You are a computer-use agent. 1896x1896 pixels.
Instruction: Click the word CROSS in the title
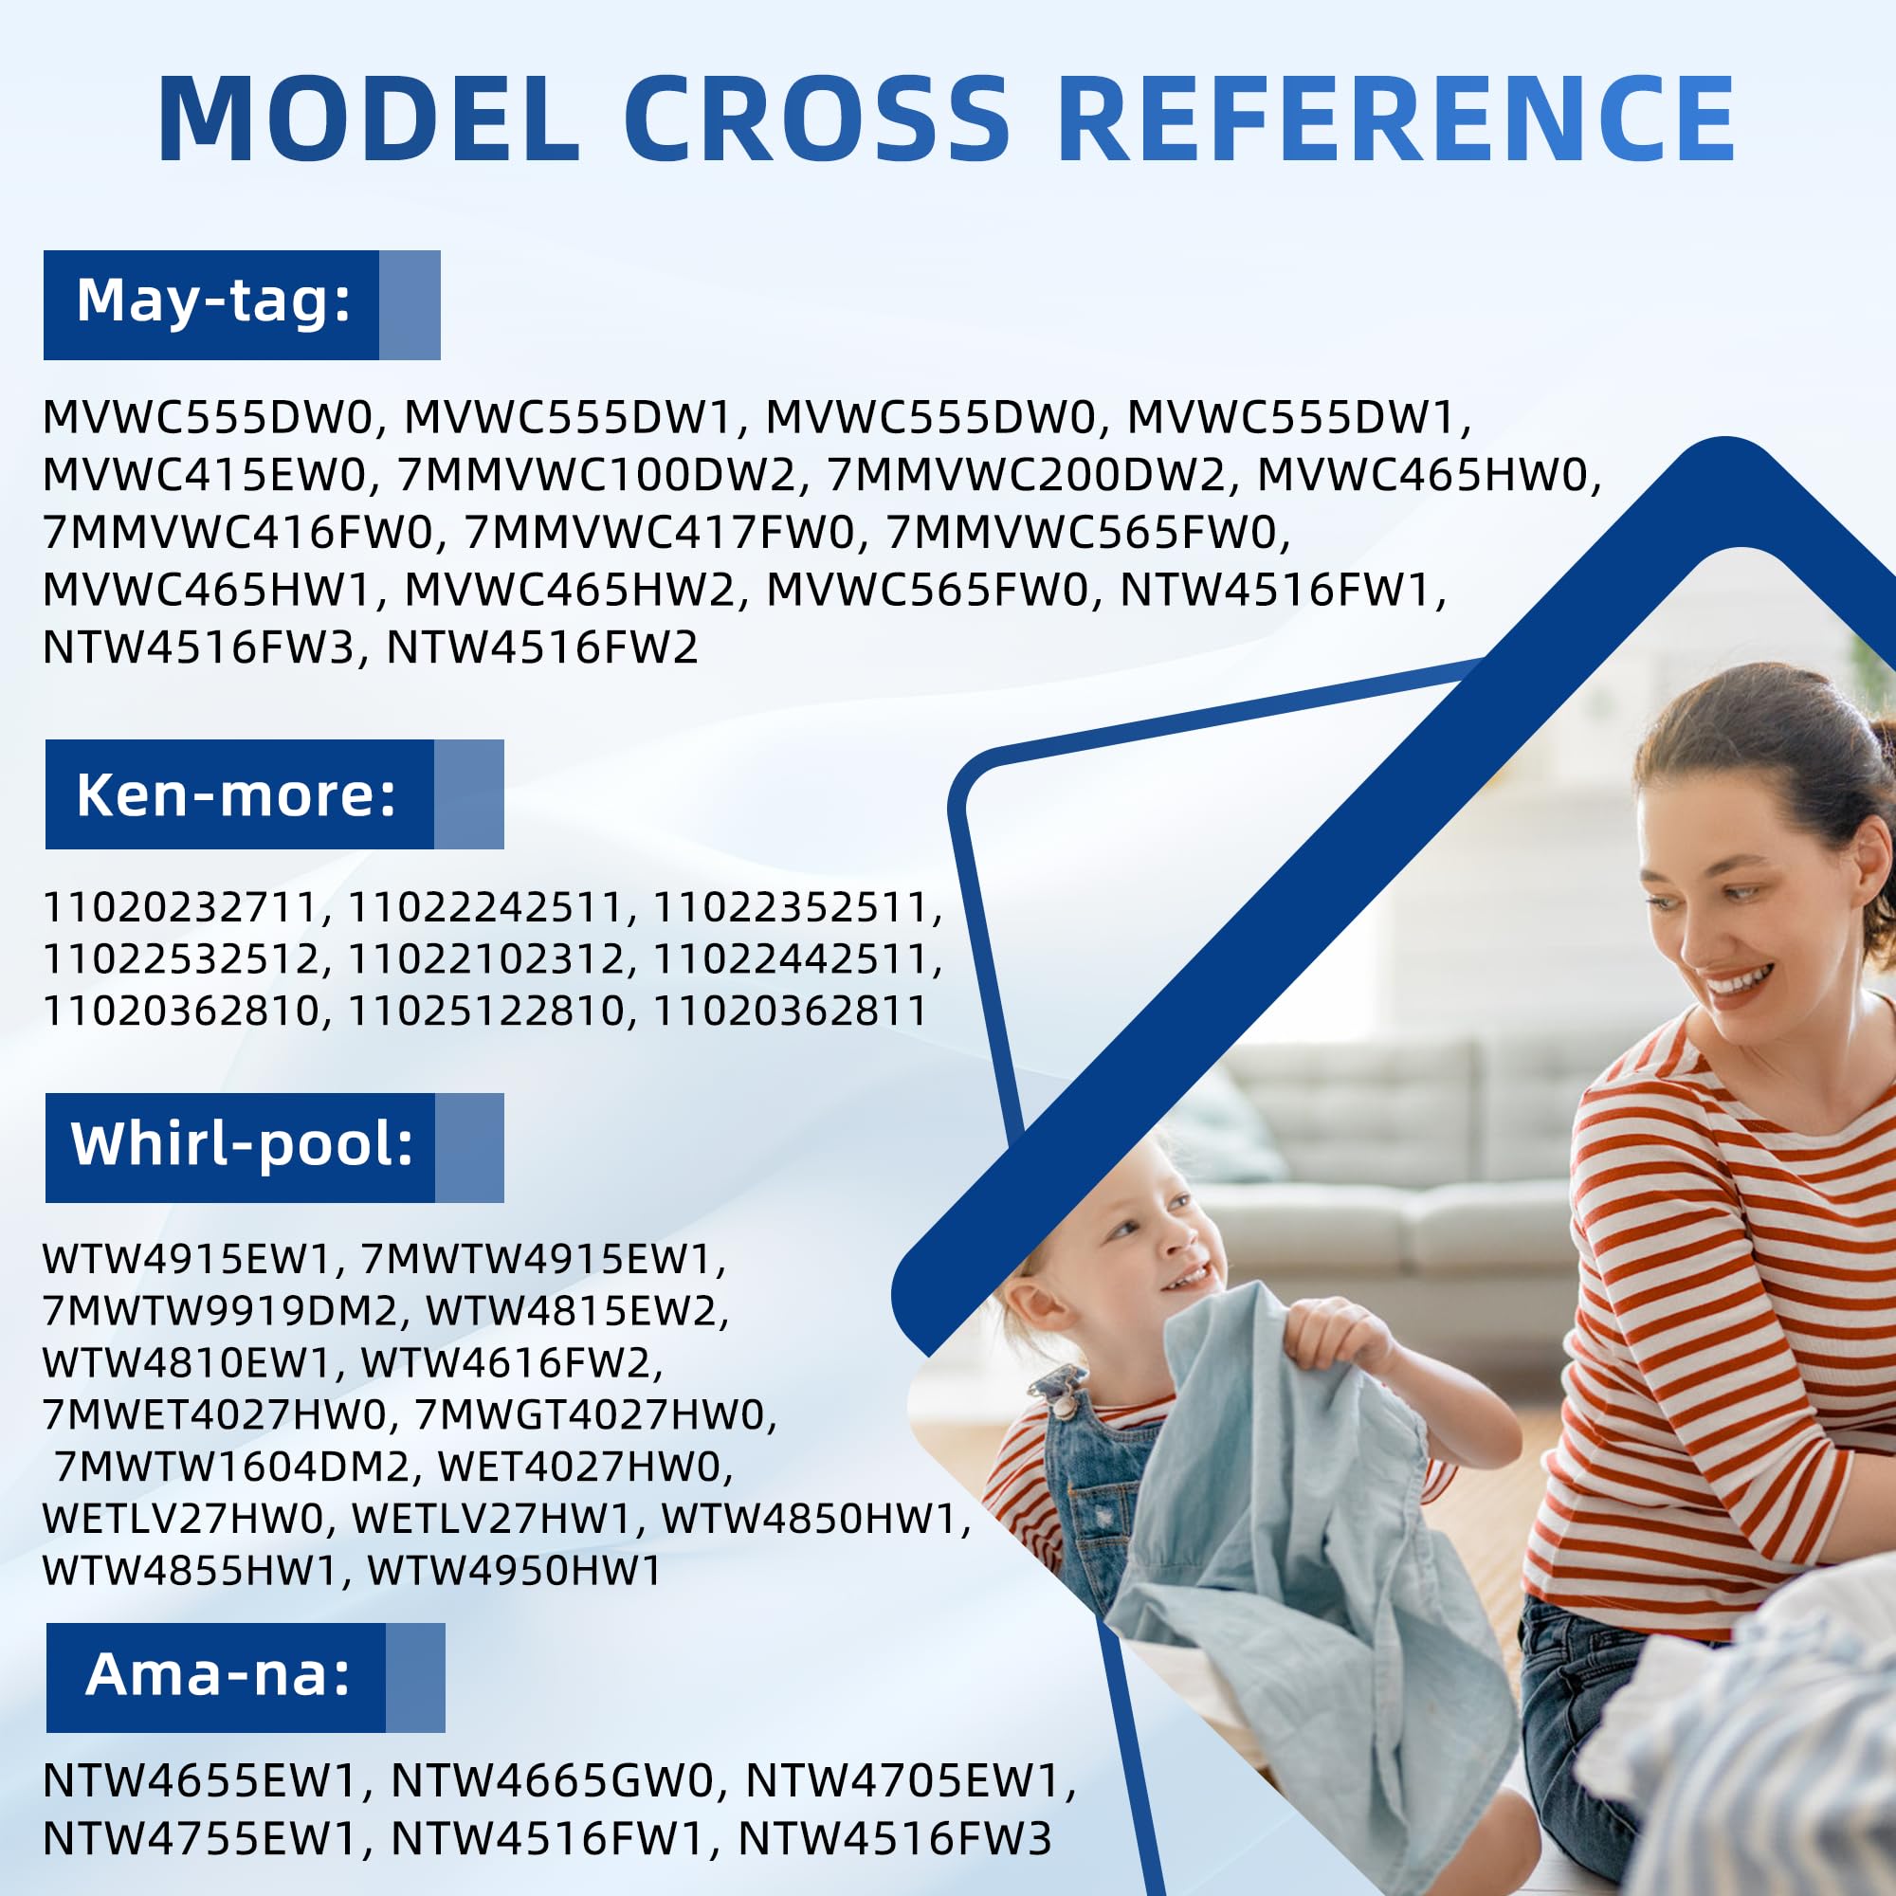coord(816,118)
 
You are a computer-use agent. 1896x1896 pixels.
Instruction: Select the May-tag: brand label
coord(214,301)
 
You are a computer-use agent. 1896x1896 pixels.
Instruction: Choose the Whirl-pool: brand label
coord(243,1144)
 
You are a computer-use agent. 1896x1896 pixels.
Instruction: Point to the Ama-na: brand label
coord(218,1673)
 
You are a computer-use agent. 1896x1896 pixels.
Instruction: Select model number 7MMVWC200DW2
coord(1027,475)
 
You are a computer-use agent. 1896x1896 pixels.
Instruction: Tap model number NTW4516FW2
coord(541,647)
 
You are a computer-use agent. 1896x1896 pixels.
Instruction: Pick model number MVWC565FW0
coord(926,590)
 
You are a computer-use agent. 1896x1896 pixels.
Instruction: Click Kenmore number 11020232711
coord(182,907)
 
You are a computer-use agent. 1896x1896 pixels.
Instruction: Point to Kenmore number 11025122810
coord(486,1011)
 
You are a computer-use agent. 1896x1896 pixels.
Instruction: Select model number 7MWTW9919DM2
coord(219,1311)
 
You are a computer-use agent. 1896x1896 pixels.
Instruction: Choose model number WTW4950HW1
coord(515,1571)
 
